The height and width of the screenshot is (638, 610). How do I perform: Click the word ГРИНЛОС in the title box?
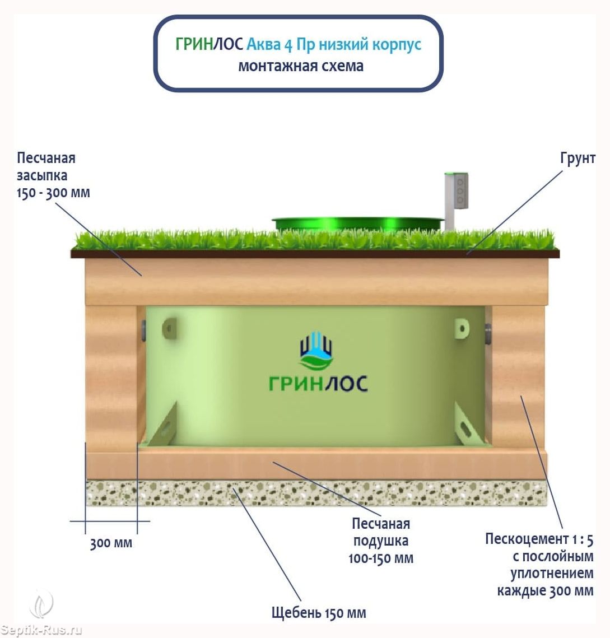pos(209,45)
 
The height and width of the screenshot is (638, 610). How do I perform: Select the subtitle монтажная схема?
pos(301,66)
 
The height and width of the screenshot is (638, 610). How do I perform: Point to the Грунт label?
pos(578,159)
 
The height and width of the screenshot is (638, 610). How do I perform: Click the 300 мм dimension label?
pos(111,543)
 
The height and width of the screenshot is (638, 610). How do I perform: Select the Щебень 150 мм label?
pos(318,613)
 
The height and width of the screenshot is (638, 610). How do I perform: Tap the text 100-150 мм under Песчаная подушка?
pos(380,558)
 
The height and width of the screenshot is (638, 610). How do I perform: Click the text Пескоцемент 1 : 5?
pos(539,539)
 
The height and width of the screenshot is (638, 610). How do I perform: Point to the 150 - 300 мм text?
pos(53,193)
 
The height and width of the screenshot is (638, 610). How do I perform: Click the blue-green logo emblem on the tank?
pos(316,351)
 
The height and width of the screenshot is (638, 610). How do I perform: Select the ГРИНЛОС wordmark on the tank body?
pos(318,384)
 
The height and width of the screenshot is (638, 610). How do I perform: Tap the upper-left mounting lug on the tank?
pos(169,328)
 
